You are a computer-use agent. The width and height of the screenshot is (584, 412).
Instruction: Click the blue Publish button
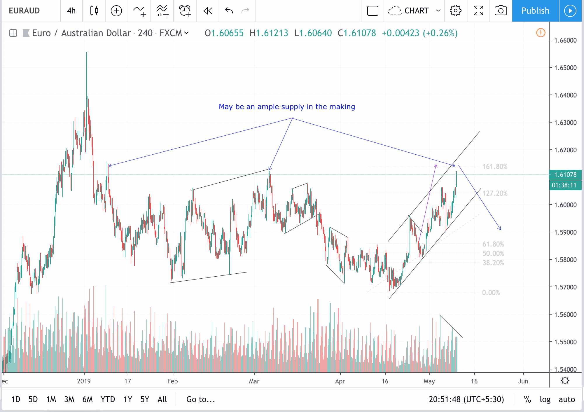535,11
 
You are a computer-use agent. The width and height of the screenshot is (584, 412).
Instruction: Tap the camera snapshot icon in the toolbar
501,11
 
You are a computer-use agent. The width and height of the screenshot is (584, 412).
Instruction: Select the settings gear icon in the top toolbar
455,11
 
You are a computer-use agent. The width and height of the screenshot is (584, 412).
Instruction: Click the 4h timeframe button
71,11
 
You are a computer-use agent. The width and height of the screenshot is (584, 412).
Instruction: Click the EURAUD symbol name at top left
24,11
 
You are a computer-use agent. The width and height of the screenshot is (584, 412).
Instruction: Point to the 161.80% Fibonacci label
495,167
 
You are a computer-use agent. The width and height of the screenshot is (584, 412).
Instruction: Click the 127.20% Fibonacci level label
495,193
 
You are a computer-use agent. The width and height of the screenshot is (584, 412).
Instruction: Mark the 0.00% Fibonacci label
491,293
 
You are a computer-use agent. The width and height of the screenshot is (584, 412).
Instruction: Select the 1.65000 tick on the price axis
565,68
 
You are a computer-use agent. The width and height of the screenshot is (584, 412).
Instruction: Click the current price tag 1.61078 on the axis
565,175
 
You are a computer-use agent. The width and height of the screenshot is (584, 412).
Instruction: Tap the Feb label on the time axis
172,381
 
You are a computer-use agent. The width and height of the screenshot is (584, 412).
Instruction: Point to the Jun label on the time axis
523,381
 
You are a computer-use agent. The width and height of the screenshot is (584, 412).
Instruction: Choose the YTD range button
108,399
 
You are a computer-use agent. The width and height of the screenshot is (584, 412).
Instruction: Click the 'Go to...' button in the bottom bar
200,399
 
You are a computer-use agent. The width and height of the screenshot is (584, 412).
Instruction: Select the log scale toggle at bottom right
545,399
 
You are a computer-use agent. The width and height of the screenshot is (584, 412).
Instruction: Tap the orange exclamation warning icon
541,33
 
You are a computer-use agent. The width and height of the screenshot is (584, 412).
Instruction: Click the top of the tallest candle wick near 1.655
86,53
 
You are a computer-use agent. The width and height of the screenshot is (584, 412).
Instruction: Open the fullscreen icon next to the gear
478,11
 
